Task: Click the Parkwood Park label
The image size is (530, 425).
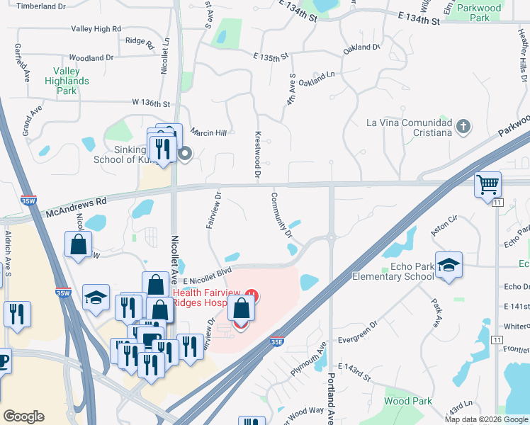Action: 479,13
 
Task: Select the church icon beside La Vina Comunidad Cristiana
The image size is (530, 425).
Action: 463,127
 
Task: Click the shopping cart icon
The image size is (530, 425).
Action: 487,185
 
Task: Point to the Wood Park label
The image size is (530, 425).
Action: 408,401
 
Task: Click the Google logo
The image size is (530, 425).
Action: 23,416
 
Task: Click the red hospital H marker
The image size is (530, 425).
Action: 249,294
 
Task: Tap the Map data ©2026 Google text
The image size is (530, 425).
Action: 486,419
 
